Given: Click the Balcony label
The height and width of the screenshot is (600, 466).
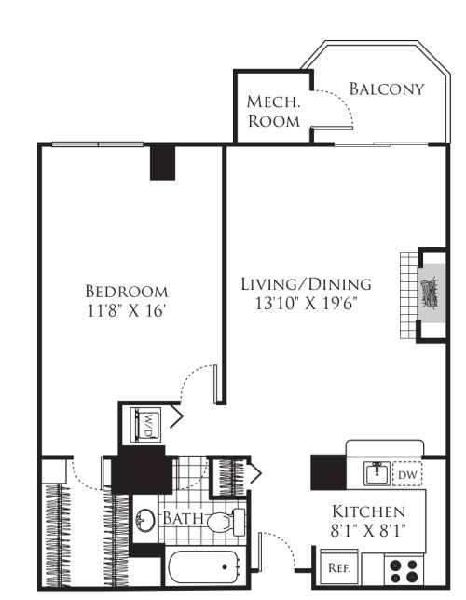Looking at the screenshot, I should click(386, 89).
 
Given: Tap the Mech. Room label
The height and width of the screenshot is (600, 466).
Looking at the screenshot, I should click(273, 111).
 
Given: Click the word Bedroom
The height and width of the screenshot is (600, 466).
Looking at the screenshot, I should click(126, 290).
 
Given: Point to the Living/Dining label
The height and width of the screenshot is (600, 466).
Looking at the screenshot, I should click(306, 283).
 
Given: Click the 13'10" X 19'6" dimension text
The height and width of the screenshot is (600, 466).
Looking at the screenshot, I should click(306, 303).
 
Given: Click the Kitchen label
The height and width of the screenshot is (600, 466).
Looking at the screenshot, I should click(369, 511).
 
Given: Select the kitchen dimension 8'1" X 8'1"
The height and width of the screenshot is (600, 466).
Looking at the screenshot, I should click(369, 532).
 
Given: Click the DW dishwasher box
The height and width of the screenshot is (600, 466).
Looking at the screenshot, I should click(407, 474).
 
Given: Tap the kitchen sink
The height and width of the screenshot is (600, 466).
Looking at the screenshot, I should click(377, 473).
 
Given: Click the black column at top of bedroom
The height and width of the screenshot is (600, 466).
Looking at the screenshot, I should click(164, 162).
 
